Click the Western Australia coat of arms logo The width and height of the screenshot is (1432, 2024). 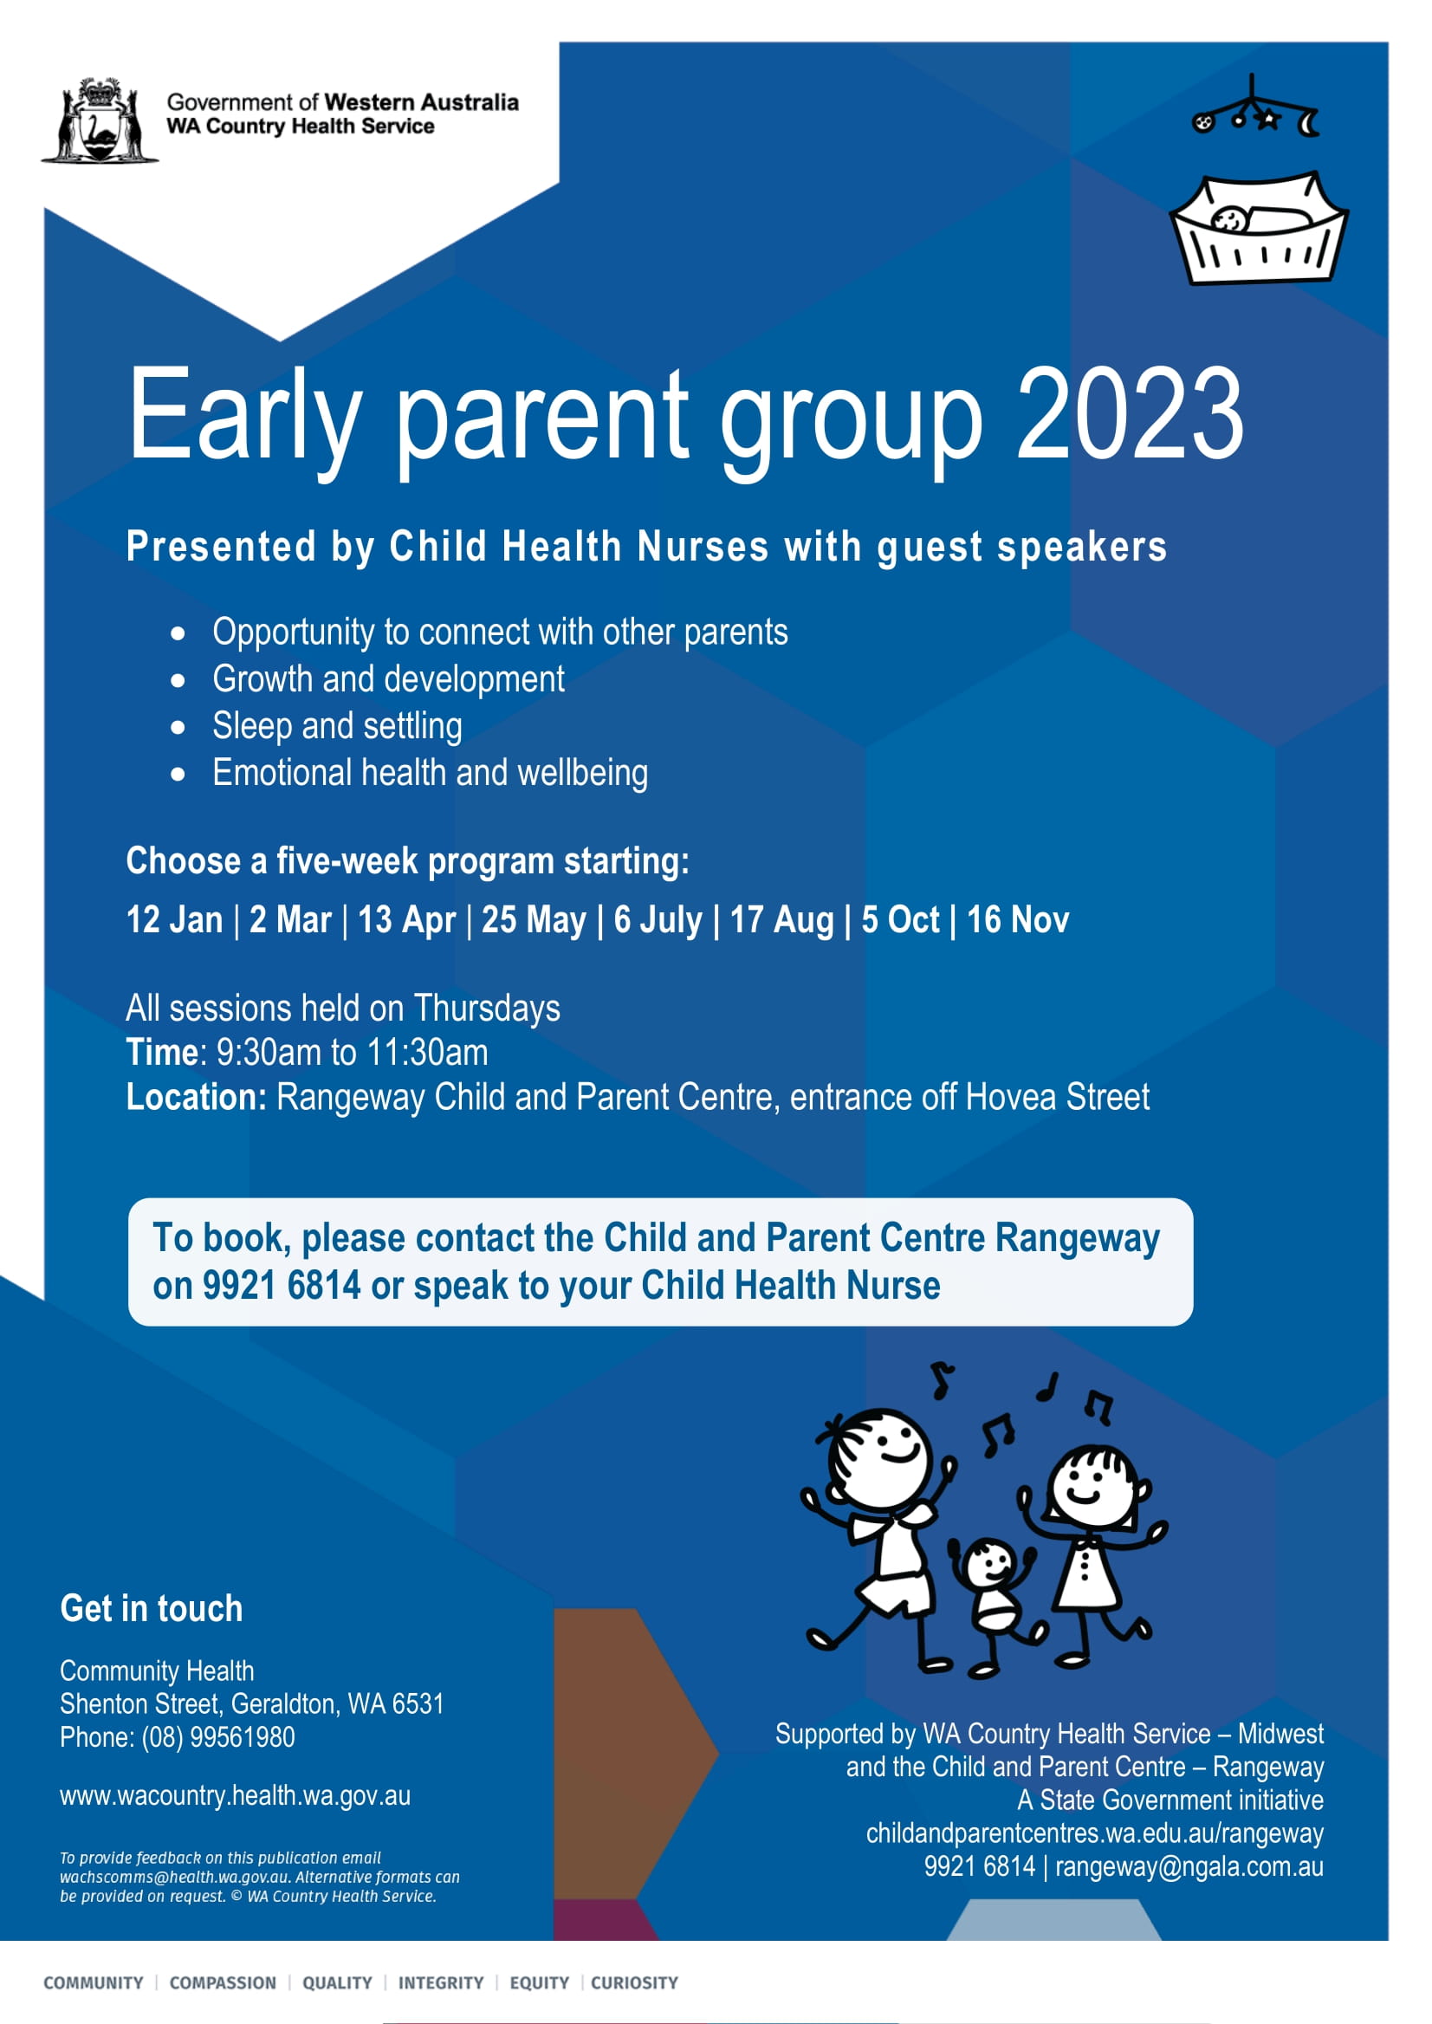(x=100, y=120)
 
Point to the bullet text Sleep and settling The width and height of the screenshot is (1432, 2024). (x=337, y=726)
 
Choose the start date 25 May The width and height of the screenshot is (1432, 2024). (x=534, y=919)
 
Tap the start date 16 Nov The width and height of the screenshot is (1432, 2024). (x=1018, y=919)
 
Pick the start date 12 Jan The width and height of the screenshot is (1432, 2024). (x=175, y=919)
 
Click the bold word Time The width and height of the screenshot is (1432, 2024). (x=163, y=1052)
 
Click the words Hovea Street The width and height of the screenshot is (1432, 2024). (x=1057, y=1097)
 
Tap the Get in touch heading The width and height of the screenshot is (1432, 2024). (x=151, y=1608)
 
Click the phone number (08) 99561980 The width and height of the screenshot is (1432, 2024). (x=218, y=1736)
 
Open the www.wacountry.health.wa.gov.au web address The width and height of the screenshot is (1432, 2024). (x=236, y=1795)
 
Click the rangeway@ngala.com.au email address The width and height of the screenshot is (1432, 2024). (x=1189, y=1866)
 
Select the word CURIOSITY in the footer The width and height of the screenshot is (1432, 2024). (x=634, y=1982)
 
